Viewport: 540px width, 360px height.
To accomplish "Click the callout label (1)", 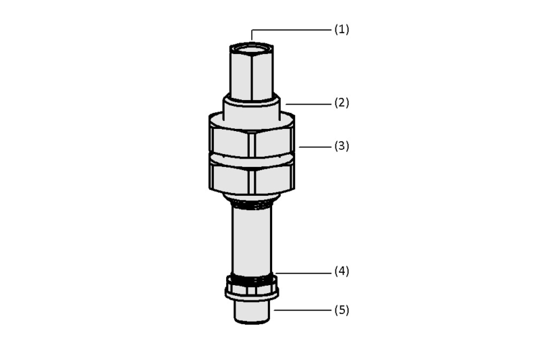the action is (342, 29).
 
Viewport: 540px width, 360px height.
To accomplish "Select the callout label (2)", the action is (342, 103).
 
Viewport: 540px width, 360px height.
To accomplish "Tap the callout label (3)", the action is (342, 146).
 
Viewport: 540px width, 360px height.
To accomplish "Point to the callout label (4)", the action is (342, 271).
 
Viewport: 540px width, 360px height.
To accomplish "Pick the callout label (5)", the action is (342, 310).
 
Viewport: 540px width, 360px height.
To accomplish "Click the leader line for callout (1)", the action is (291, 30).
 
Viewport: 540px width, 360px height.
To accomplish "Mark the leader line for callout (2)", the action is (308, 104).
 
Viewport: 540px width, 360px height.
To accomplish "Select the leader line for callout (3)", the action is (315, 147).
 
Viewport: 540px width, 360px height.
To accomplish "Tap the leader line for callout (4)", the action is (303, 273).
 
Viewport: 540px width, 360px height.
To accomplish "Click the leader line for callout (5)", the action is (302, 310).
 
